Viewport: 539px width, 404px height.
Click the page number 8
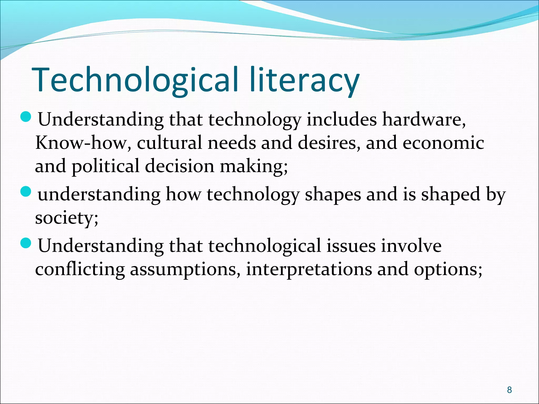(x=509, y=390)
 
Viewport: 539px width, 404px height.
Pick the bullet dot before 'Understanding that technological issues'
(x=26, y=243)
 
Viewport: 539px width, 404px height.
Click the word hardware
(x=423, y=120)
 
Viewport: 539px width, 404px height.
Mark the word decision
(x=179, y=166)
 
